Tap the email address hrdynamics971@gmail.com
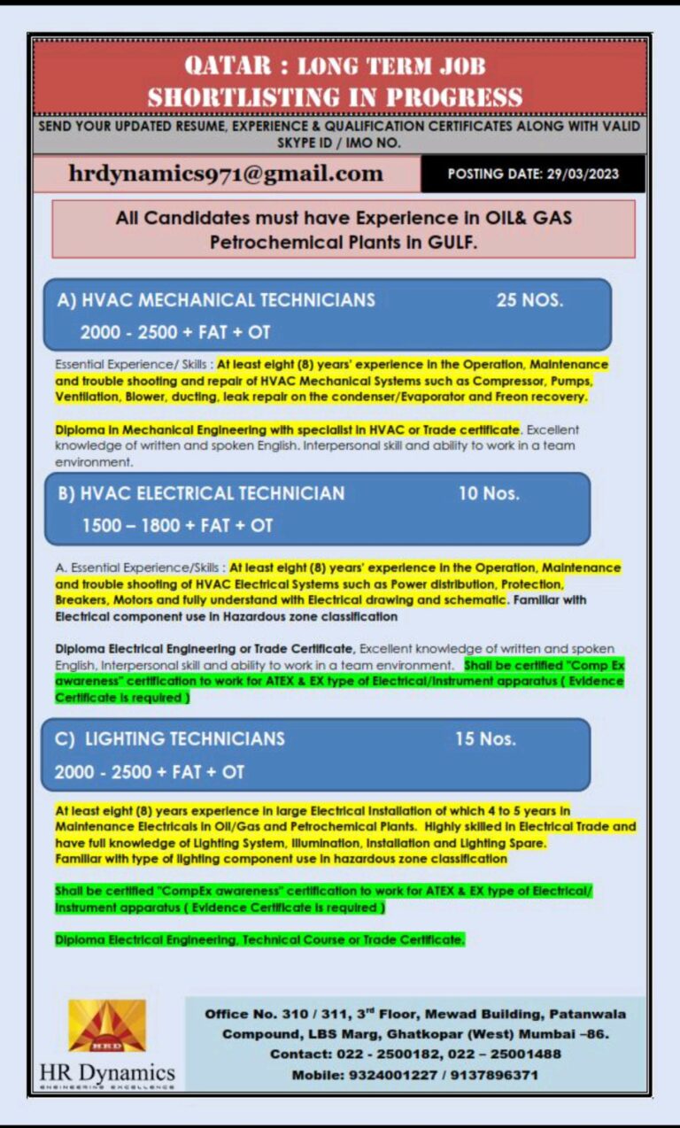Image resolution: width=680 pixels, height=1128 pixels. tap(226, 174)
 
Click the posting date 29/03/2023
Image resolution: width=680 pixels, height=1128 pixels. tap(583, 174)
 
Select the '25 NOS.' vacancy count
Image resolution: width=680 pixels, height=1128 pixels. tap(529, 300)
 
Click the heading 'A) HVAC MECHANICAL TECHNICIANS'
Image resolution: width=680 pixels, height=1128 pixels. tap(216, 300)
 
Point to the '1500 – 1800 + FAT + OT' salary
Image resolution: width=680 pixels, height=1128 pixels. tap(177, 525)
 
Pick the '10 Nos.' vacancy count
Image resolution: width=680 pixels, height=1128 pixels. tap(489, 493)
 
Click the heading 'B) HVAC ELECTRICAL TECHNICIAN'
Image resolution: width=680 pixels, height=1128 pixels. tap(202, 493)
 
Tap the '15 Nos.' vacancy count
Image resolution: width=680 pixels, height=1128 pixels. tap(485, 738)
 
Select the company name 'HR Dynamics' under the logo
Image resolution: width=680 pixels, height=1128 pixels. tap(107, 1074)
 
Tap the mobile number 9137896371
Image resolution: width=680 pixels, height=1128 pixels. tap(495, 1075)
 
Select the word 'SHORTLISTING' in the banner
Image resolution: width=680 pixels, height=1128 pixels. tap(234, 96)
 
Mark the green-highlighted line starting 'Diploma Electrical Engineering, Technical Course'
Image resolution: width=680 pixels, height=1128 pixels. tap(259, 939)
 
